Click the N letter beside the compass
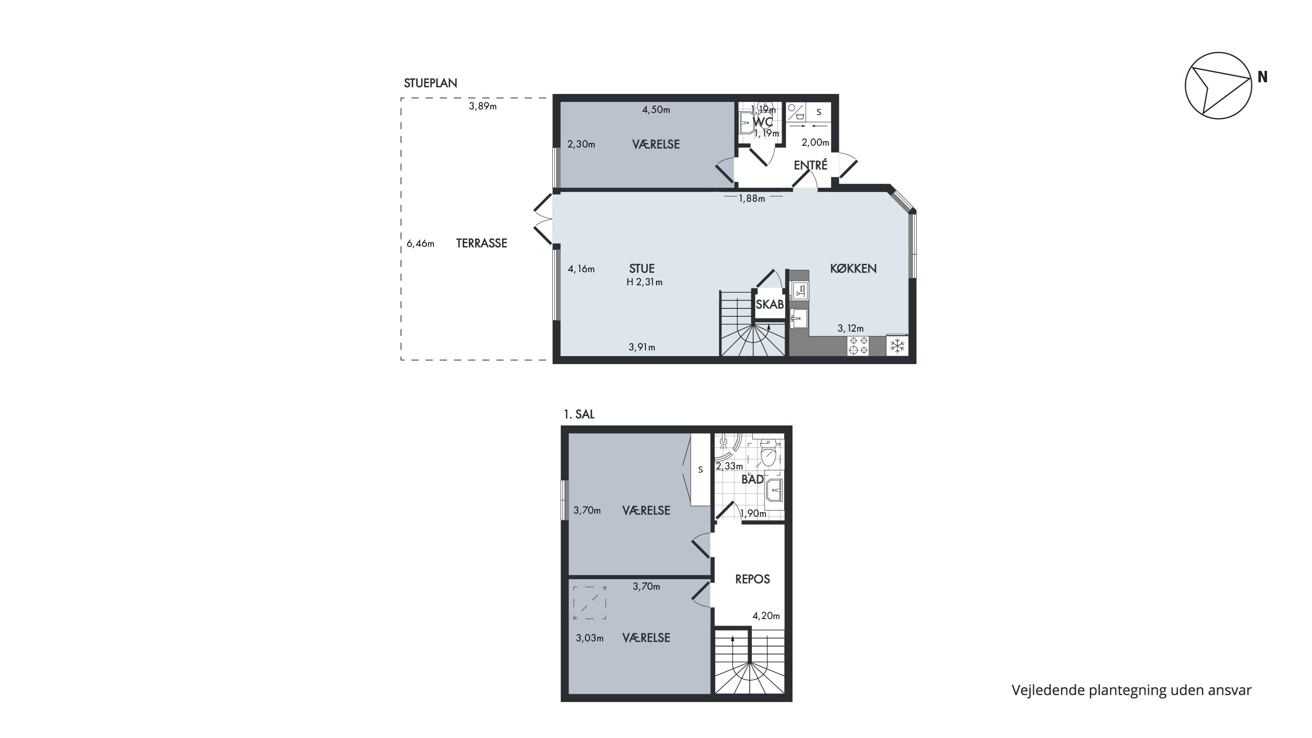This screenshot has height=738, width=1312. point(1263,77)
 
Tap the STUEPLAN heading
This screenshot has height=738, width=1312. point(430,83)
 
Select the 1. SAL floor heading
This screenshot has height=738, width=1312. point(579,414)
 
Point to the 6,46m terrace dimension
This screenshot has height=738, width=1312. point(420,244)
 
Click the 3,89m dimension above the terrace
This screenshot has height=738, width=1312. point(483,106)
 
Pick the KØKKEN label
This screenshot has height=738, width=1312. point(853,269)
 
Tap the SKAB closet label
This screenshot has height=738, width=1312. point(769,304)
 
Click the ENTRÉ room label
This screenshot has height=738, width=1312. point(810,165)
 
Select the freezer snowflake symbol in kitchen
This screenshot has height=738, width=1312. point(897,346)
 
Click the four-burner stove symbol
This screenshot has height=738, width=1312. point(858,345)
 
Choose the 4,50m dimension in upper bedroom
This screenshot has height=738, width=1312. point(656,109)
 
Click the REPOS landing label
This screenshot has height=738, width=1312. point(752,579)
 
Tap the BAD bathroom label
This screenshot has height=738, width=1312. point(752,479)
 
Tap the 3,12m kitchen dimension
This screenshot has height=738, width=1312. point(851,329)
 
